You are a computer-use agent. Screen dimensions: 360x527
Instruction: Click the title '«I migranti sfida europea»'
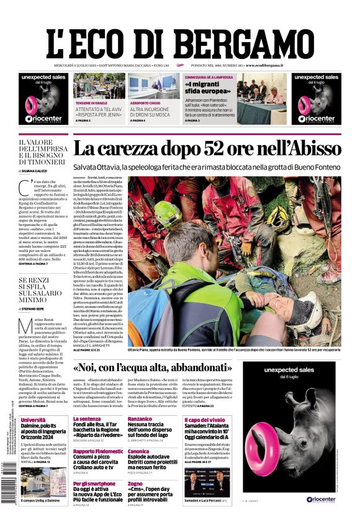(207, 85)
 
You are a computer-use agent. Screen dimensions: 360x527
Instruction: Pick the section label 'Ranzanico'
(141, 419)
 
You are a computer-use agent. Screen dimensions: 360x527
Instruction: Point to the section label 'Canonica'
(138, 451)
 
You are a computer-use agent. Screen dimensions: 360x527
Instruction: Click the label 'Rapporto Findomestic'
(98, 451)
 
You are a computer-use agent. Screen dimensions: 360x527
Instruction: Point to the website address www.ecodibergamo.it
(264, 65)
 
